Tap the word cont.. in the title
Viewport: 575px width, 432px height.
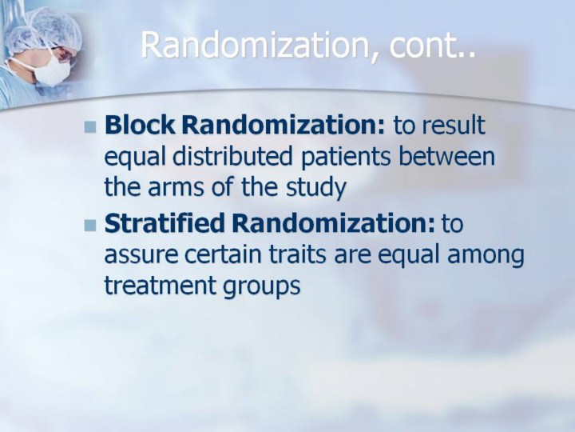[x=432, y=46]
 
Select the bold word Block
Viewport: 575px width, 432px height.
[x=139, y=125]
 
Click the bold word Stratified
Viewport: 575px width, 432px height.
[x=164, y=223]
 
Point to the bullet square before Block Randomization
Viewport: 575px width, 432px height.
[x=89, y=127]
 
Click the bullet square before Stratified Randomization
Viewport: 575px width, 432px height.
[x=89, y=225]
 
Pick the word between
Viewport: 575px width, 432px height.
[x=446, y=156]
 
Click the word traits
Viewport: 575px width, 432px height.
[x=297, y=254]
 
